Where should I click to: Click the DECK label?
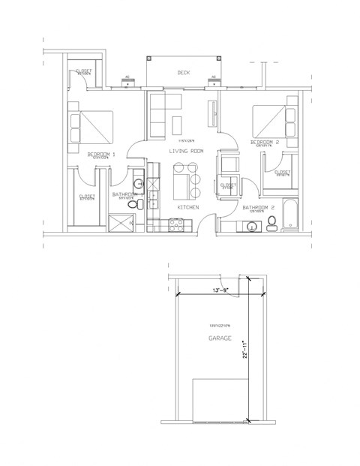[x=182, y=73]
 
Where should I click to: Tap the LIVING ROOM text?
[x=186, y=152]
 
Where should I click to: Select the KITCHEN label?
[x=187, y=206]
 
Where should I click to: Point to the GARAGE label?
[x=220, y=339]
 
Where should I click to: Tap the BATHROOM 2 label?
[x=256, y=206]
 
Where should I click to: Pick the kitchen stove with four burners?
[x=175, y=222]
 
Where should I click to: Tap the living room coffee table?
[x=177, y=124]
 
